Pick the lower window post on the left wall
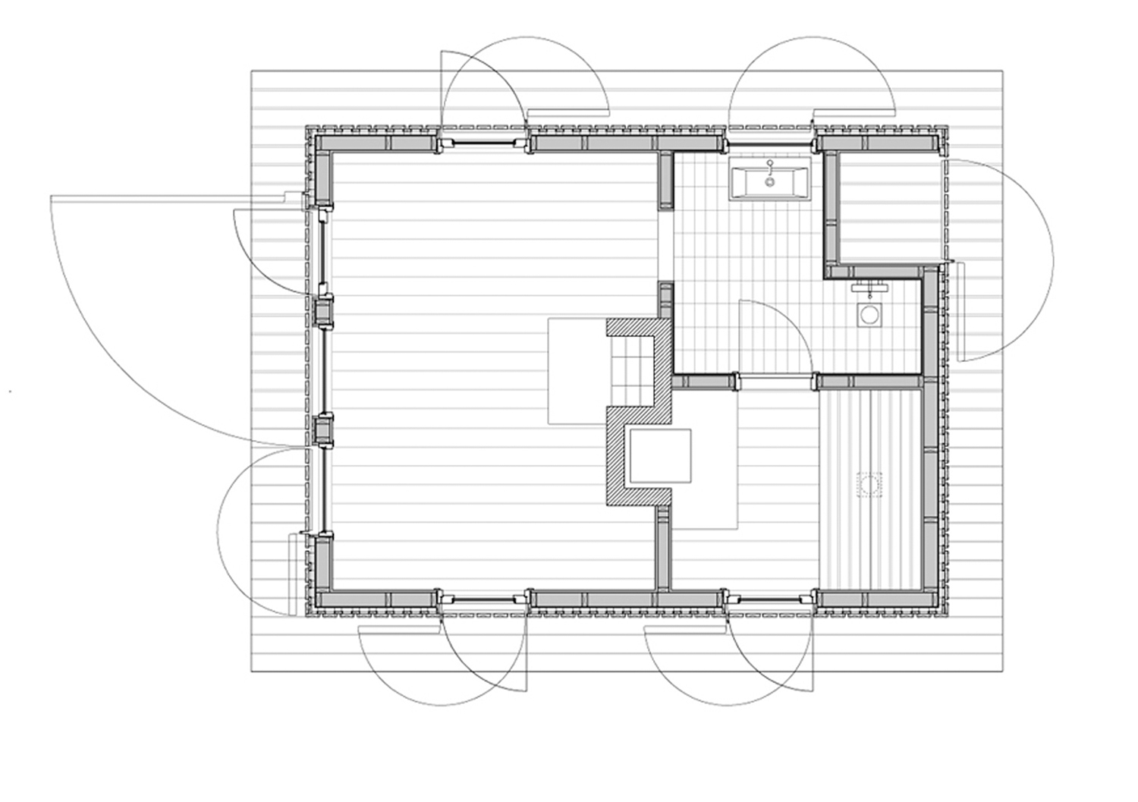pos(324,430)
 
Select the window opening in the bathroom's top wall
pos(771,143)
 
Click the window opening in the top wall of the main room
pos(484,142)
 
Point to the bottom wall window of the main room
pos(484,600)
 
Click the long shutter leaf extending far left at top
pos(167,197)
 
